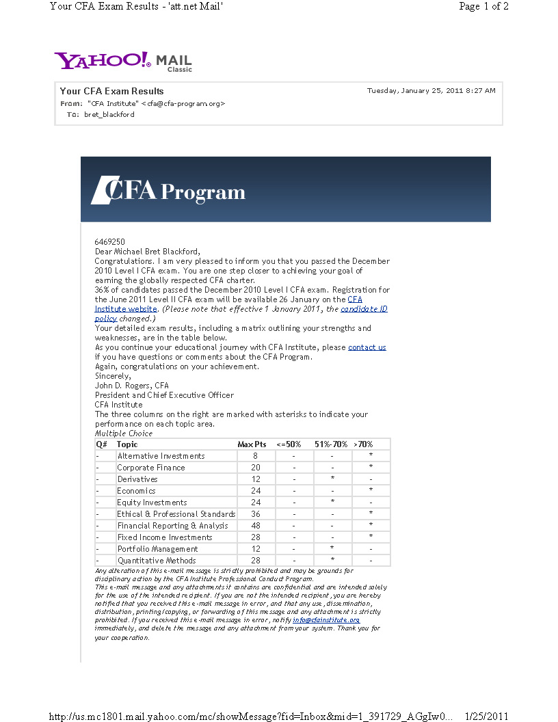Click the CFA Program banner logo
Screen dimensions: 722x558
click(x=168, y=191)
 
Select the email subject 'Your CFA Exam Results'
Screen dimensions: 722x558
click(x=112, y=91)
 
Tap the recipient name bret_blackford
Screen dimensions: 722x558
click(x=109, y=115)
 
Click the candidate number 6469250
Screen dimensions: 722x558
click(x=109, y=242)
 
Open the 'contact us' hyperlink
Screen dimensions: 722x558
click(x=367, y=347)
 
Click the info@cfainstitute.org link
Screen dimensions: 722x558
click(x=326, y=620)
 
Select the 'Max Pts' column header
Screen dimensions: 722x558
click(x=252, y=444)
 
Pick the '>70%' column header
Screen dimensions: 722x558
click(x=363, y=444)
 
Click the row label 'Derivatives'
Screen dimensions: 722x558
click(x=137, y=479)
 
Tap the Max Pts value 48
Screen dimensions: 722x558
click(x=255, y=526)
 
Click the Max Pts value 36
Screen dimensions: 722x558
click(x=255, y=514)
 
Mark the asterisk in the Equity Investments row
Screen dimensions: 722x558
click(x=332, y=503)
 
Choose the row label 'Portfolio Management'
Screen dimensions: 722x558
click(x=157, y=549)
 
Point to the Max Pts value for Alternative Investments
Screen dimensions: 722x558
click(x=255, y=456)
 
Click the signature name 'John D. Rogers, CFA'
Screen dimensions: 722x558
click(x=131, y=386)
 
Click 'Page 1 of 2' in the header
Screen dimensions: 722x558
click(x=483, y=7)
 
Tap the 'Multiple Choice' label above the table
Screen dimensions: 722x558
click(x=123, y=433)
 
